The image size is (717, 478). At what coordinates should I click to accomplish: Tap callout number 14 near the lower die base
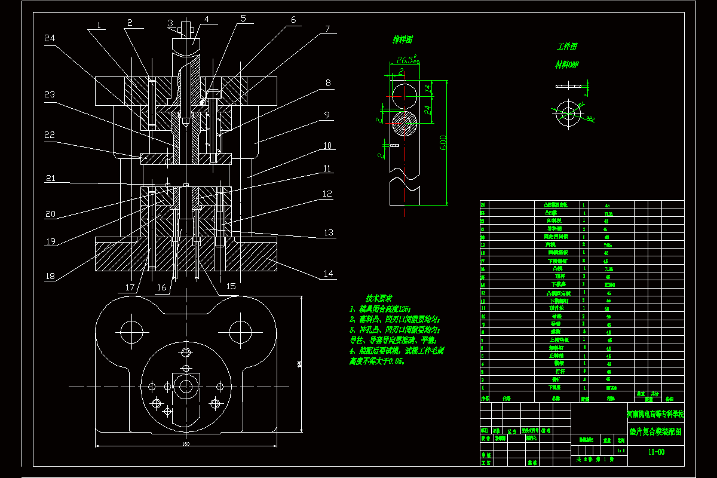tap(328, 274)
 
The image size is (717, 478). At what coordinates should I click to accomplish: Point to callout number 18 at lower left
tap(50, 276)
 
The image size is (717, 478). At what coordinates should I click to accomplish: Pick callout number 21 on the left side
tap(51, 178)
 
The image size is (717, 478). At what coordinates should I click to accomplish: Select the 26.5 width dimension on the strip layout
tap(406, 60)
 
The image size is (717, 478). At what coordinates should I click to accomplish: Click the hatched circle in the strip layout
tap(406, 125)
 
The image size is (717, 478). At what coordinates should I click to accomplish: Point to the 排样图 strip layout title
tap(403, 40)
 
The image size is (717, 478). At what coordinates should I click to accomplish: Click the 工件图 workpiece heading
tap(567, 47)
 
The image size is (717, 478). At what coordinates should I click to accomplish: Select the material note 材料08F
tap(567, 64)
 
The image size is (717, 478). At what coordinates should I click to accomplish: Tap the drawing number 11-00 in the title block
tap(656, 452)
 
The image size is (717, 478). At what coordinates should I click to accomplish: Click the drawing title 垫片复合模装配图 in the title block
tap(655, 430)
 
